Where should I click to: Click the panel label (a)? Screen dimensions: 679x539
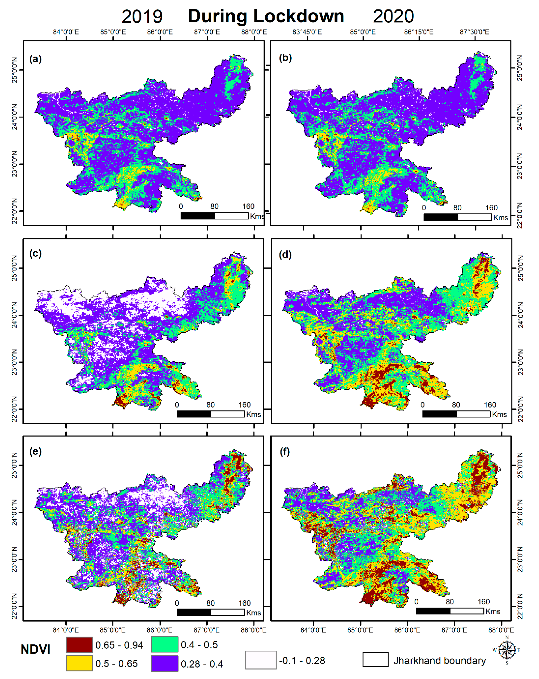[x=35, y=59]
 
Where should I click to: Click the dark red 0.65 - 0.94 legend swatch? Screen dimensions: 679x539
[x=79, y=645]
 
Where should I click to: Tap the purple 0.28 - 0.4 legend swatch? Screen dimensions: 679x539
[x=164, y=663]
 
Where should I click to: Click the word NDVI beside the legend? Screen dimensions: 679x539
[x=36, y=649]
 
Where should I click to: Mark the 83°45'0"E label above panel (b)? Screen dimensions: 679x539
[x=307, y=32]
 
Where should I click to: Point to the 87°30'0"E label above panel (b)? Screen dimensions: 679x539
[x=474, y=32]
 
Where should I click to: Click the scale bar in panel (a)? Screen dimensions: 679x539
[x=215, y=216]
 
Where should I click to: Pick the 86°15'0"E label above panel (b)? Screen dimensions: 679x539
[x=419, y=32]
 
